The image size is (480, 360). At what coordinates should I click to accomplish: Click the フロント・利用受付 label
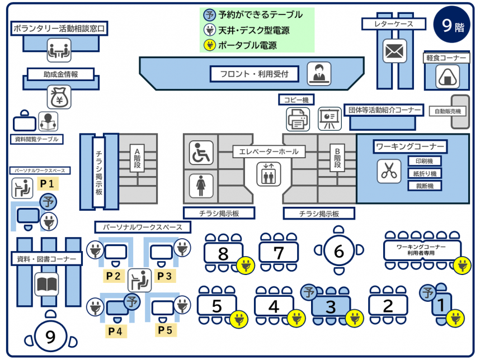[255, 73]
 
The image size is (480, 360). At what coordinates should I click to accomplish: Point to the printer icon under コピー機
[298, 119]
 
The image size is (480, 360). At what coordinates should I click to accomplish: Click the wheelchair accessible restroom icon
[201, 153]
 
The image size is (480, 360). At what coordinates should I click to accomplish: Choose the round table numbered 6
[338, 251]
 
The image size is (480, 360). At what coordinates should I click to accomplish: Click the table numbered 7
[279, 253]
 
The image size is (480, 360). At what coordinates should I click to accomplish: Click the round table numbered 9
[50, 337]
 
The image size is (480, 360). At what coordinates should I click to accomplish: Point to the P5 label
[164, 330]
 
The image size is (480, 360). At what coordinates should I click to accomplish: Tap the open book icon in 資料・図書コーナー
[46, 285]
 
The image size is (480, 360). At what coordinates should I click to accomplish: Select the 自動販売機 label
[448, 111]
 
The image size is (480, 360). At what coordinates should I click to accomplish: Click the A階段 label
[137, 159]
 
